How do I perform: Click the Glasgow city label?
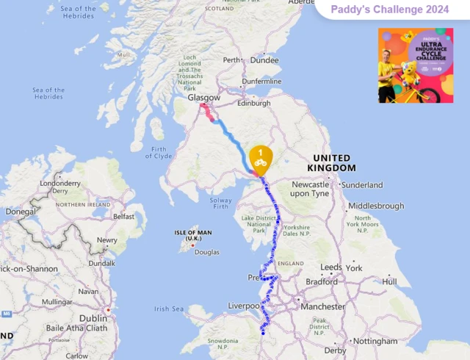(x=204, y=98)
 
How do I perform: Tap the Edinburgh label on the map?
(x=253, y=104)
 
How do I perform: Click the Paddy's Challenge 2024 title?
(x=390, y=10)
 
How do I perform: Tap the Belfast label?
(x=123, y=217)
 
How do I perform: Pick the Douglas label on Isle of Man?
(x=206, y=252)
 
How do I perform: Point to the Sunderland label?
(x=382, y=185)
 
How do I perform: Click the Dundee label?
(x=264, y=60)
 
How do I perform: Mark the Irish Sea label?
(x=171, y=309)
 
